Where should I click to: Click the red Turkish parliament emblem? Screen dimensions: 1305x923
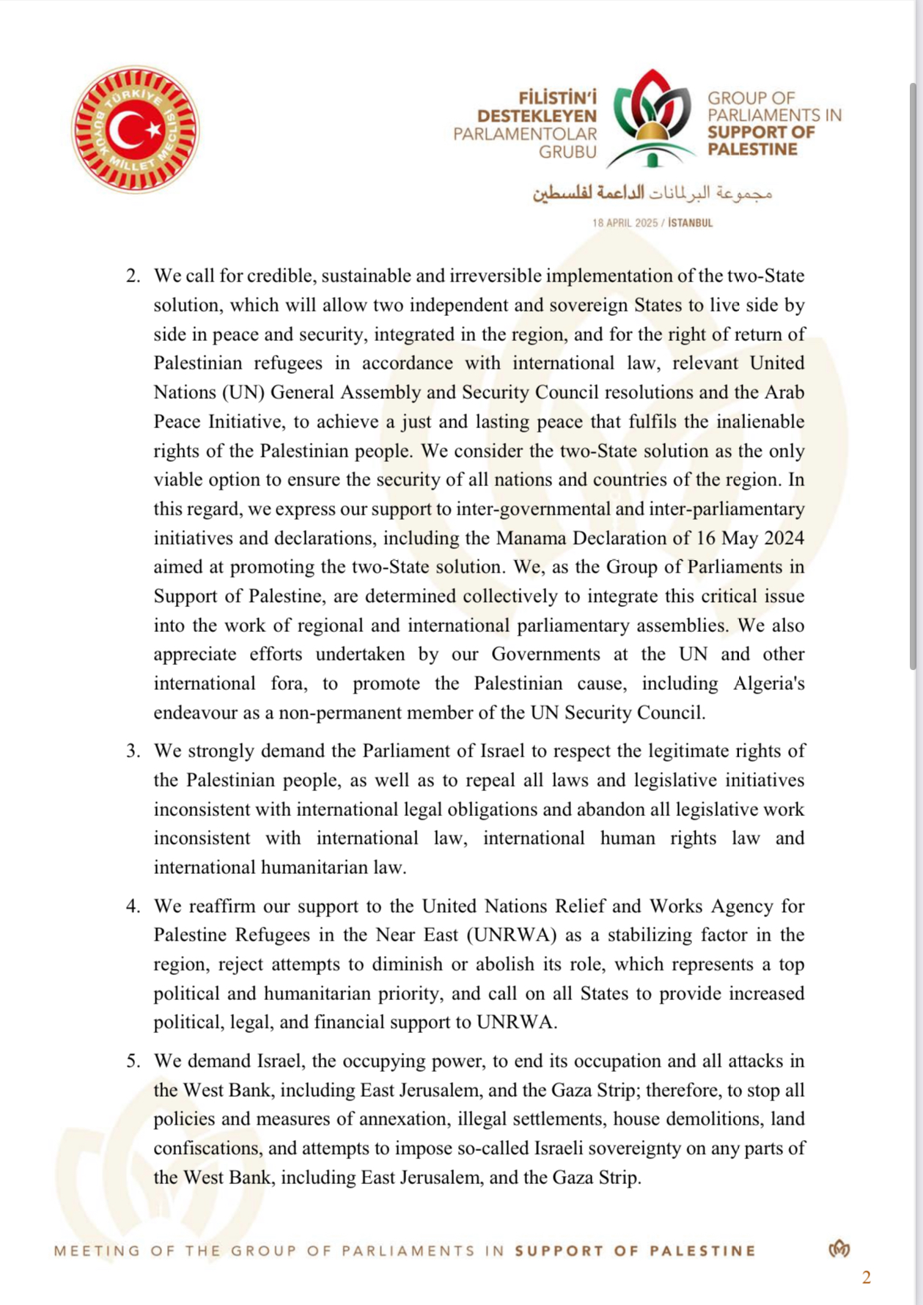(x=136, y=130)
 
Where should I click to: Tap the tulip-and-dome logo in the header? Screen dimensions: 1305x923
(x=652, y=118)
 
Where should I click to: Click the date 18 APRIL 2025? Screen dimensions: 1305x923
(x=625, y=223)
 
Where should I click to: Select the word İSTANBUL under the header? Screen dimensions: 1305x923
(x=690, y=223)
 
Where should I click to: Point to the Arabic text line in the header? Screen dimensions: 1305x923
(x=652, y=193)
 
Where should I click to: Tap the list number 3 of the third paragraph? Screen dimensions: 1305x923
(x=133, y=751)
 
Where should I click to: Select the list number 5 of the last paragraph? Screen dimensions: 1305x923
(x=133, y=1061)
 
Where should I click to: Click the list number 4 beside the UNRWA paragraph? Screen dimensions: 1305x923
(x=133, y=906)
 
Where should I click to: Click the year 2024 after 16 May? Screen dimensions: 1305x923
(x=784, y=538)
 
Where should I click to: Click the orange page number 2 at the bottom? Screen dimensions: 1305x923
(x=867, y=1278)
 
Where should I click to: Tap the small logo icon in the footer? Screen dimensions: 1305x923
(x=839, y=1249)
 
